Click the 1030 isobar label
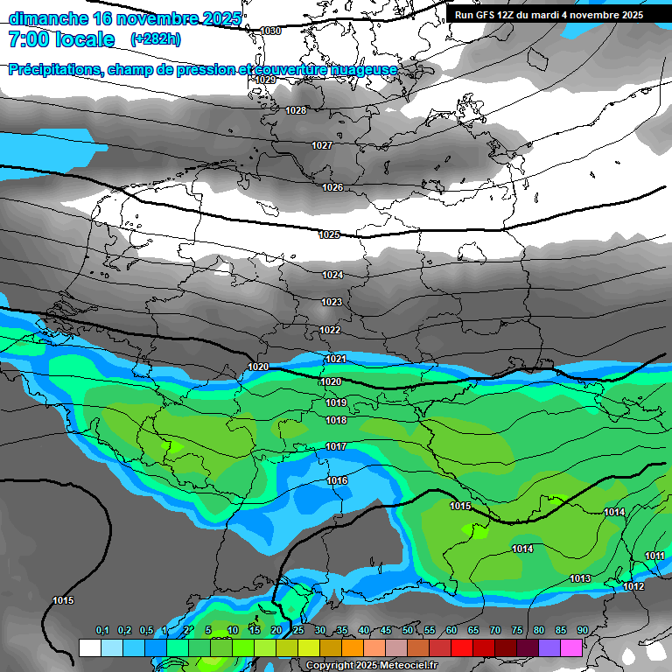[x=270, y=31]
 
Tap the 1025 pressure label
[x=329, y=234]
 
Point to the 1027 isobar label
[x=322, y=145]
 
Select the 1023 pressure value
[x=331, y=302]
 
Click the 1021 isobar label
[x=336, y=359]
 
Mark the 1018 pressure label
[x=336, y=420]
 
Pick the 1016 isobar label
[x=337, y=480]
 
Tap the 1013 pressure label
[x=580, y=578]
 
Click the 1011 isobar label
[x=654, y=556]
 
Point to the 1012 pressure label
[x=633, y=586]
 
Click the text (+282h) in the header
[x=156, y=39]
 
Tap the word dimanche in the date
[x=48, y=18]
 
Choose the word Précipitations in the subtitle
[x=53, y=69]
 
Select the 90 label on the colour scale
[x=582, y=631]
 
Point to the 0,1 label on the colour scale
[x=102, y=631]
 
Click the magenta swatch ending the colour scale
[x=570, y=647]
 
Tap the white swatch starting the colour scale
[x=89, y=647]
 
